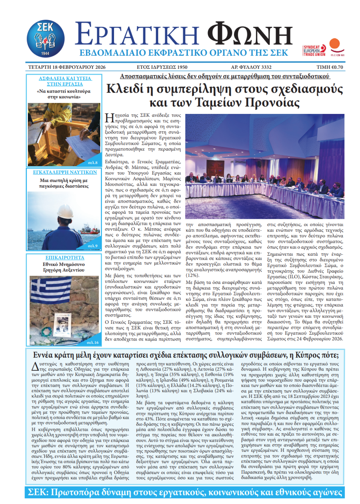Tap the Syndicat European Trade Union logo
(x=314, y=50)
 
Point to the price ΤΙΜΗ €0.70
(x=329, y=67)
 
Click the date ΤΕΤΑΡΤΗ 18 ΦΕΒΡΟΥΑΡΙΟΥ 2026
(x=67, y=67)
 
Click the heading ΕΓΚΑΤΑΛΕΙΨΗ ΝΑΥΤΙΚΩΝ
(x=65, y=172)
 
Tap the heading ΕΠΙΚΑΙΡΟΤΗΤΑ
(x=65, y=258)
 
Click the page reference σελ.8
(x=93, y=163)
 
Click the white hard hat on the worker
(x=65, y=211)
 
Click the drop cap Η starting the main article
(x=109, y=118)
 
